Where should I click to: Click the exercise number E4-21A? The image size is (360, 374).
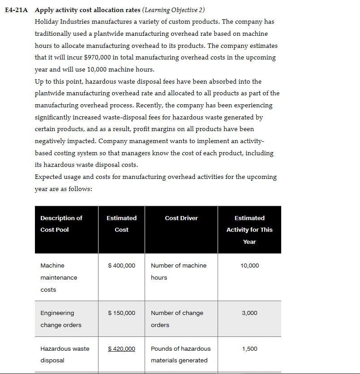click(x=18, y=10)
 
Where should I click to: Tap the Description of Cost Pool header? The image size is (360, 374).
click(x=61, y=224)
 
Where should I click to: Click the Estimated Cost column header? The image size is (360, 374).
click(x=121, y=224)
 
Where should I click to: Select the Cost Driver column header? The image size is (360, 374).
click(x=181, y=218)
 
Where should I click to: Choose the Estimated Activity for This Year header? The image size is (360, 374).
click(x=249, y=229)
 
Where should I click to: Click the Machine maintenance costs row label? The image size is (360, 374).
click(x=59, y=277)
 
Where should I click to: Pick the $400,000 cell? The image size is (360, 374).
click(x=121, y=266)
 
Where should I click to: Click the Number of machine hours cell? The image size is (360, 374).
click(x=179, y=272)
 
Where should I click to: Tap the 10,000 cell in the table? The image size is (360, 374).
click(x=249, y=266)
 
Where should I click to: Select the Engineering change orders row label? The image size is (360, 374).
click(x=61, y=319)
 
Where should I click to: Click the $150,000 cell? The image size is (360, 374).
click(x=121, y=313)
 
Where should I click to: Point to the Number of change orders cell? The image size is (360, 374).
click(x=177, y=319)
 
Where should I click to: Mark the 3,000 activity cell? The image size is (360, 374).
click(x=249, y=313)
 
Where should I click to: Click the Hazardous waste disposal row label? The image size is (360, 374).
click(x=64, y=354)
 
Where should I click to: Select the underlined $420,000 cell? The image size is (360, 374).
click(x=121, y=349)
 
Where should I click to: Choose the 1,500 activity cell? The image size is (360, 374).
click(x=249, y=349)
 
